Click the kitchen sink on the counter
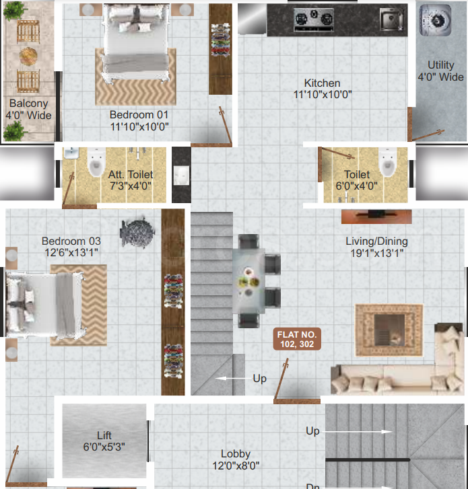(391, 20)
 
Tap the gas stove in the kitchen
(313, 20)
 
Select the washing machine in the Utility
(435, 20)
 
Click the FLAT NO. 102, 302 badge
(297, 339)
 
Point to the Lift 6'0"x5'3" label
(104, 441)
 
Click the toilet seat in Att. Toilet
(96, 163)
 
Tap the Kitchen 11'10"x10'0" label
(323, 89)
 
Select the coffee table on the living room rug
(389, 330)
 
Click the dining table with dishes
(249, 281)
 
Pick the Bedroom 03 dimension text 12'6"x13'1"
(71, 252)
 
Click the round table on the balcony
(28, 56)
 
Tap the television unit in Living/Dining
(376, 217)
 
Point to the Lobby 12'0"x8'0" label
(236, 459)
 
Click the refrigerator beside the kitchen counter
(253, 19)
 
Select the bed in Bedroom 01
(136, 43)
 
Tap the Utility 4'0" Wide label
(440, 71)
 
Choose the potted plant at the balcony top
(14, 11)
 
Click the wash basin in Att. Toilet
(71, 153)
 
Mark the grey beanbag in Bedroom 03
(137, 232)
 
